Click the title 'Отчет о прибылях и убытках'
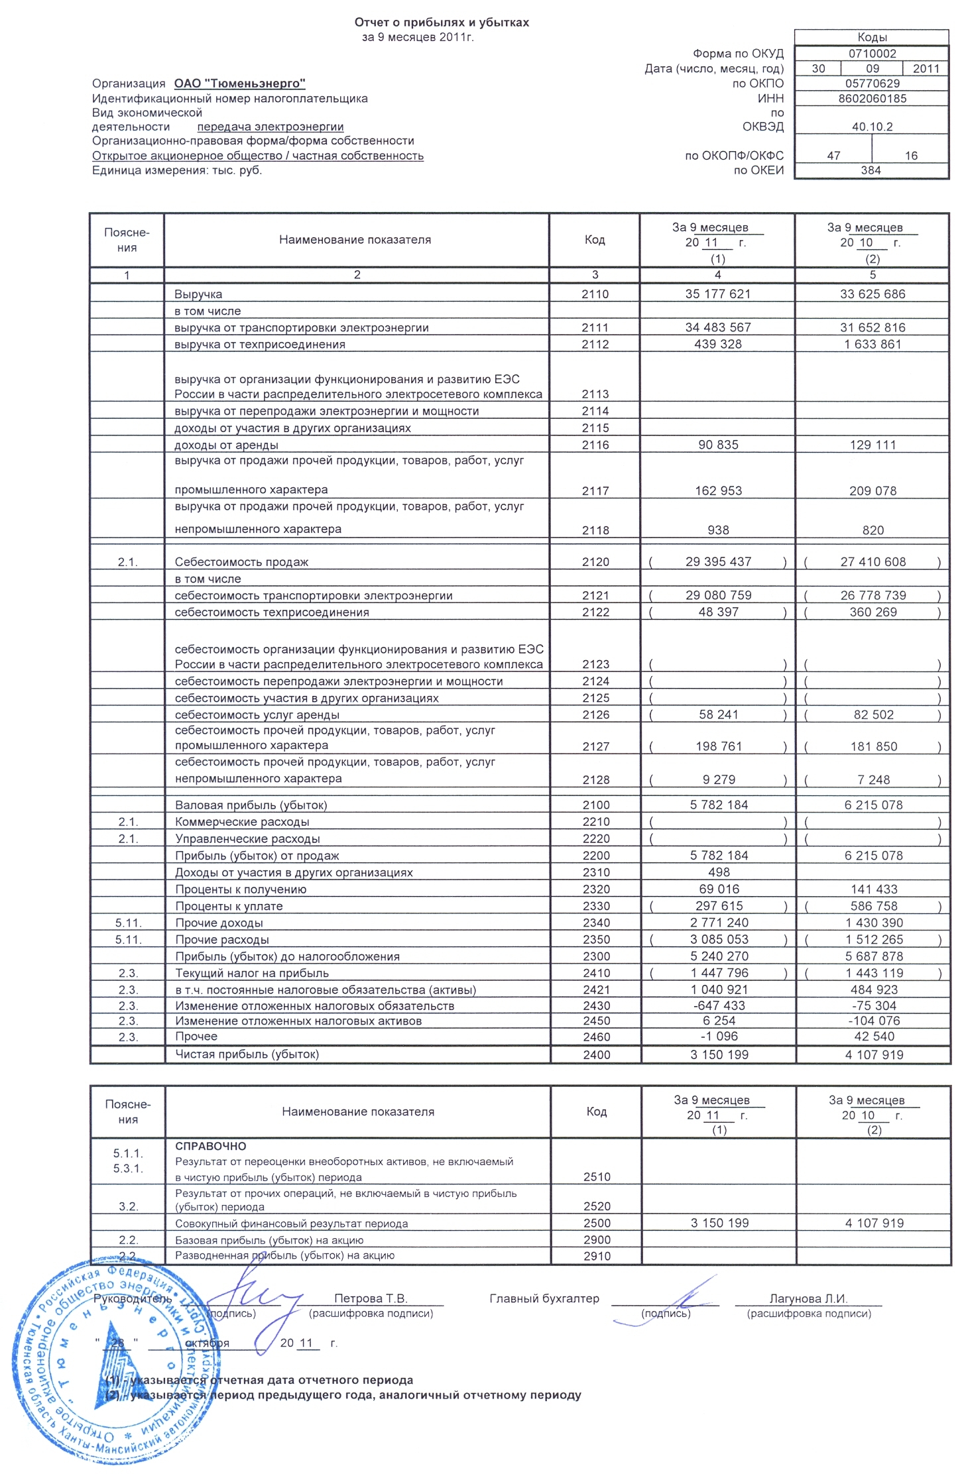pyautogui.click(x=442, y=23)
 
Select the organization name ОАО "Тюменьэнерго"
pyautogui.click(x=239, y=84)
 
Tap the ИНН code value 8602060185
pyautogui.click(x=872, y=99)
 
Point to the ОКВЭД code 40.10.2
pyautogui.click(x=872, y=127)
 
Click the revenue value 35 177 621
pyautogui.click(x=717, y=294)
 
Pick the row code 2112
pyautogui.click(x=595, y=344)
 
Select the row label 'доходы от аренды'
pyautogui.click(x=226, y=445)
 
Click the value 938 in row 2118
pyautogui.click(x=718, y=530)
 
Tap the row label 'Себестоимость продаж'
pyautogui.click(x=241, y=562)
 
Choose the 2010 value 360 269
pyautogui.click(x=873, y=612)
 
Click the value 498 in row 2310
pyautogui.click(x=719, y=872)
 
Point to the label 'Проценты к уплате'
pyautogui.click(x=229, y=906)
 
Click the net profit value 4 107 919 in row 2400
pyautogui.click(x=874, y=1054)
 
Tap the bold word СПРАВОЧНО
pyautogui.click(x=210, y=1146)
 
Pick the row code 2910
pyautogui.click(x=597, y=1256)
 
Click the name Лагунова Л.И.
pyautogui.click(x=808, y=1298)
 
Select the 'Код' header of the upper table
pyautogui.click(x=595, y=240)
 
